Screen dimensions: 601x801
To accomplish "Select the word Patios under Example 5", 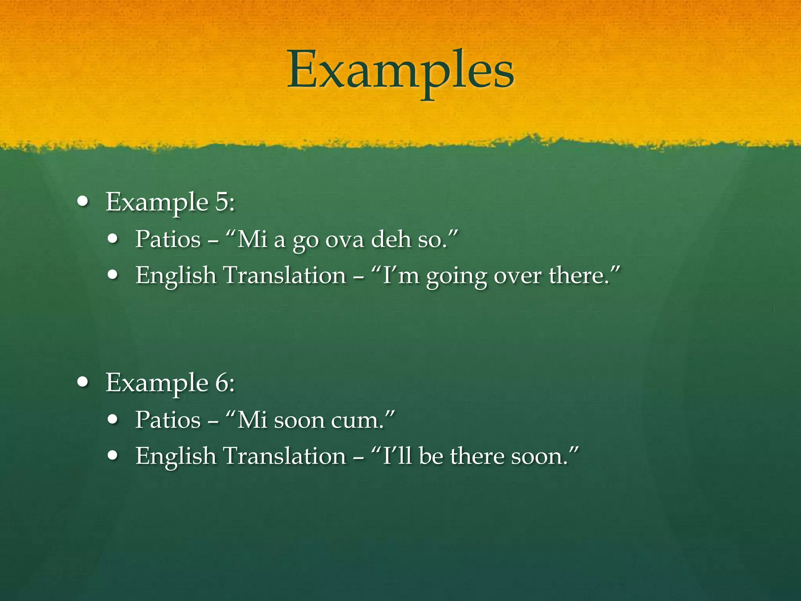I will point(168,239).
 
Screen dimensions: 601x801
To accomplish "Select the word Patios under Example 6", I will point(168,420).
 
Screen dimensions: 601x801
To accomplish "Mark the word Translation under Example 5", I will point(285,275).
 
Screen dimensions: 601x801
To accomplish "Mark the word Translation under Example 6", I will point(285,456).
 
